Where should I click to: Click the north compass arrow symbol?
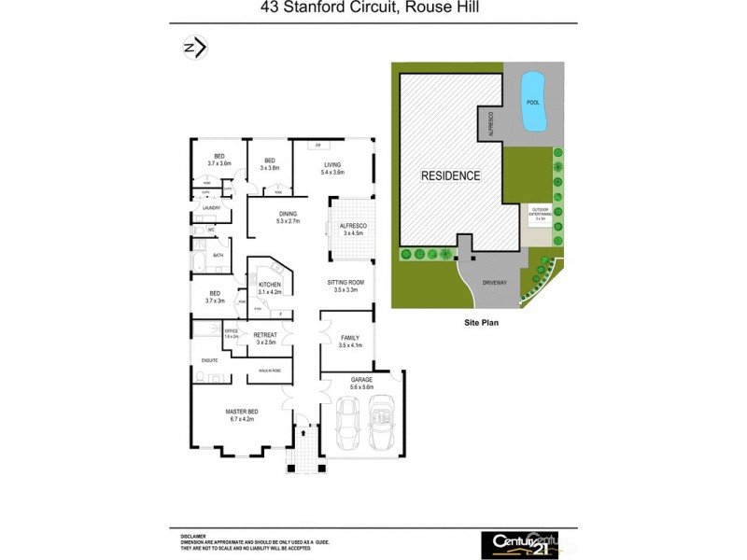click(194, 48)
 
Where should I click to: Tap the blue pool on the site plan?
click(531, 101)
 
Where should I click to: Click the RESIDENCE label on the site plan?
click(450, 175)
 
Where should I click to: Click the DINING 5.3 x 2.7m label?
click(261, 217)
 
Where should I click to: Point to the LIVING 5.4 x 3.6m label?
click(332, 169)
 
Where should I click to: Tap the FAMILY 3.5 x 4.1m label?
click(349, 342)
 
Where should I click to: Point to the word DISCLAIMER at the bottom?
click(192, 536)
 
